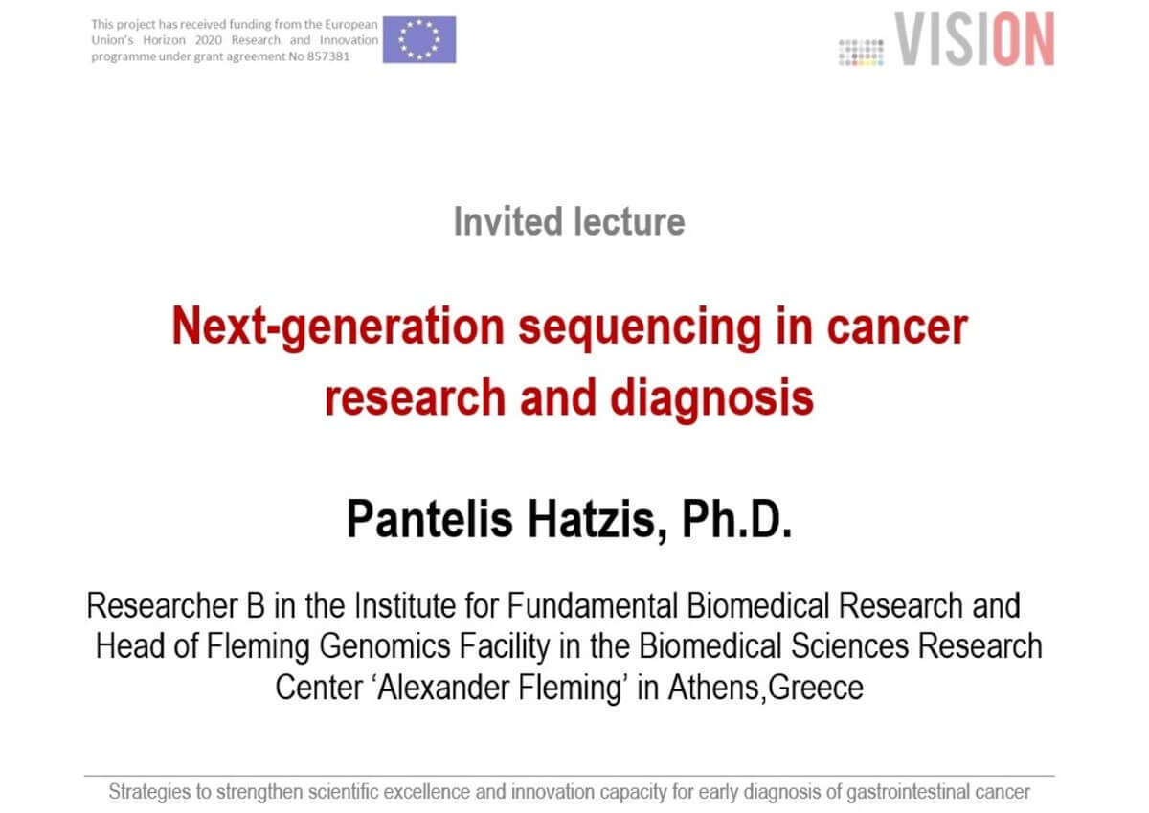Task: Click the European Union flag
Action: coord(419,39)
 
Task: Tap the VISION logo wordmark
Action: coord(975,39)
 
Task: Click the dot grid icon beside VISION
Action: coord(861,53)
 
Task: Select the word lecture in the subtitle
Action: coord(629,221)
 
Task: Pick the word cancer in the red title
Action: coord(897,327)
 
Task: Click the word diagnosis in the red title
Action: coord(712,399)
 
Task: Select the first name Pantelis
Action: coord(430,519)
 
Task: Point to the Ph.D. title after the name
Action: coord(737,519)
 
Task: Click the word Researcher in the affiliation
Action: coord(162,606)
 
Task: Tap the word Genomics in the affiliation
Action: coord(385,646)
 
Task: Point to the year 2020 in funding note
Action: coord(209,40)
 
